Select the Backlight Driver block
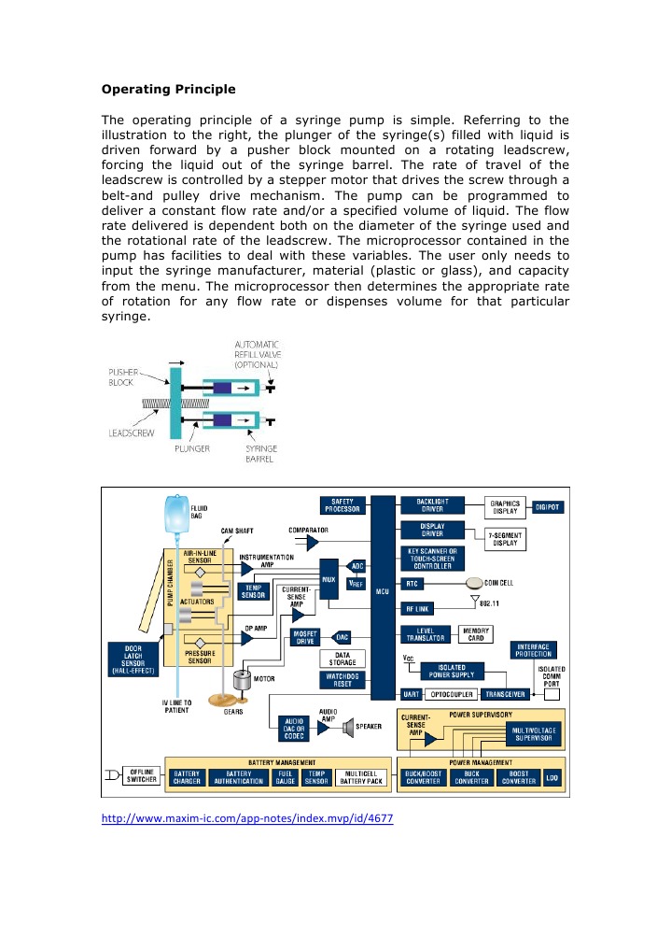pos(431,505)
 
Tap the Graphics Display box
pos(505,506)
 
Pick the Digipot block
pos(549,505)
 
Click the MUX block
pos(328,578)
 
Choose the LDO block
pos(552,774)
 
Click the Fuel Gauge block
pos(285,775)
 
